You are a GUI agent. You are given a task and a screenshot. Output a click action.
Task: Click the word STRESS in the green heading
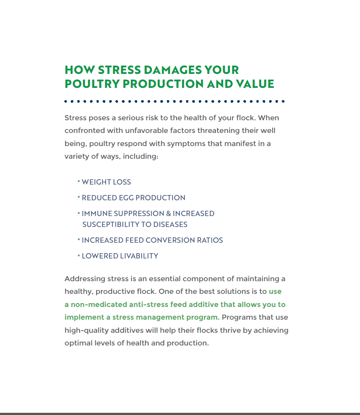pyautogui.click(x=119, y=70)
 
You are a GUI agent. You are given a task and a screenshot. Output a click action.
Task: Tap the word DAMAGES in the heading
pyautogui.click(x=173, y=70)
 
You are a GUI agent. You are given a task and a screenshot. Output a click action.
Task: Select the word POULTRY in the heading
pyautogui.click(x=92, y=84)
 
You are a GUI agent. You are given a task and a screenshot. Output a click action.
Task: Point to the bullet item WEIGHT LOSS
pyautogui.click(x=106, y=182)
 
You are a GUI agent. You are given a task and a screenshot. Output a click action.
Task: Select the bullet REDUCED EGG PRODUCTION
pyautogui.click(x=133, y=198)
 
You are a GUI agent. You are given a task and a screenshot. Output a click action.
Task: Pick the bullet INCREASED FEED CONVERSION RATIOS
pyautogui.click(x=152, y=240)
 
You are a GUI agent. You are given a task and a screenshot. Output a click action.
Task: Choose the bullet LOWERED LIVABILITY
pyautogui.click(x=120, y=256)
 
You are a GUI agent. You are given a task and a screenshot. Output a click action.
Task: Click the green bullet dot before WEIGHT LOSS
pyautogui.click(x=79, y=181)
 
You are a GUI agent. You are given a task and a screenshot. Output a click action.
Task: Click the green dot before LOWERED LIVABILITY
pyautogui.click(x=79, y=255)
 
